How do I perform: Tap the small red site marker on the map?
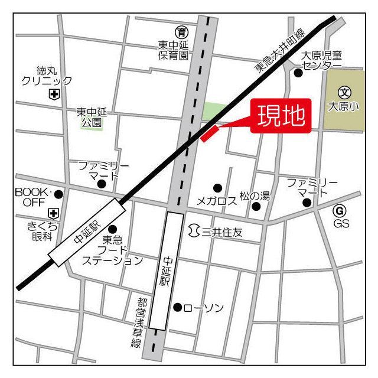pos(210,133)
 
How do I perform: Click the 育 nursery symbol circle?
pos(181,31)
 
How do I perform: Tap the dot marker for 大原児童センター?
pos(298,73)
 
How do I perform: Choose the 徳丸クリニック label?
pos(46,76)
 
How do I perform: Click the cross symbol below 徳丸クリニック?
pos(54,94)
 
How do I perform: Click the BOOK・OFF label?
pos(34,197)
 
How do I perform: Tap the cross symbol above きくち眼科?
pos(54,213)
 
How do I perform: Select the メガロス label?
pos(216,201)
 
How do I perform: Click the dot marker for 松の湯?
pos(256,206)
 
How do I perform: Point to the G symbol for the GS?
pos(339,211)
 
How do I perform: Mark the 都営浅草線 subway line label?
pos(136,321)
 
